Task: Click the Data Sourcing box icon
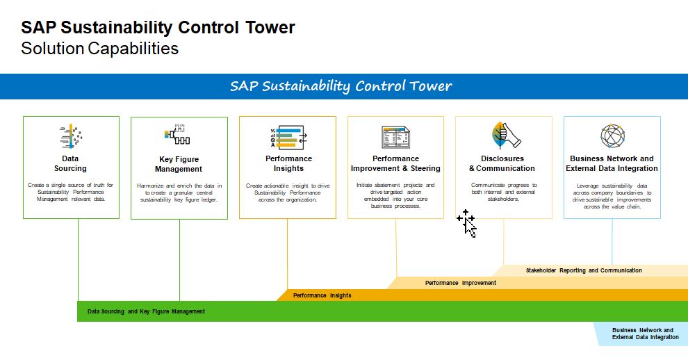(71, 137)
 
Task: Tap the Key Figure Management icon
(179, 137)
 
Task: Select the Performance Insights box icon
(288, 137)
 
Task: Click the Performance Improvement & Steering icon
(395, 137)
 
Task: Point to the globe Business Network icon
(612, 137)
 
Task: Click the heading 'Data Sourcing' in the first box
(70, 163)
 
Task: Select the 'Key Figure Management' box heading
(179, 164)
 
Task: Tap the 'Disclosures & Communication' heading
(502, 163)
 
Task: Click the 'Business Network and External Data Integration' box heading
(612, 163)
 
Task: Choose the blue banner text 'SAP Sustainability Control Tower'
(341, 86)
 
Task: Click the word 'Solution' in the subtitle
(52, 49)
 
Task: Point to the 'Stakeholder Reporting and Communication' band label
(584, 270)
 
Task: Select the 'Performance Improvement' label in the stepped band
(461, 283)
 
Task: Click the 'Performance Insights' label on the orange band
(322, 295)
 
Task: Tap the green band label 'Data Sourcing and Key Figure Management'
(146, 311)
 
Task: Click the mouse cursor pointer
(467, 224)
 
